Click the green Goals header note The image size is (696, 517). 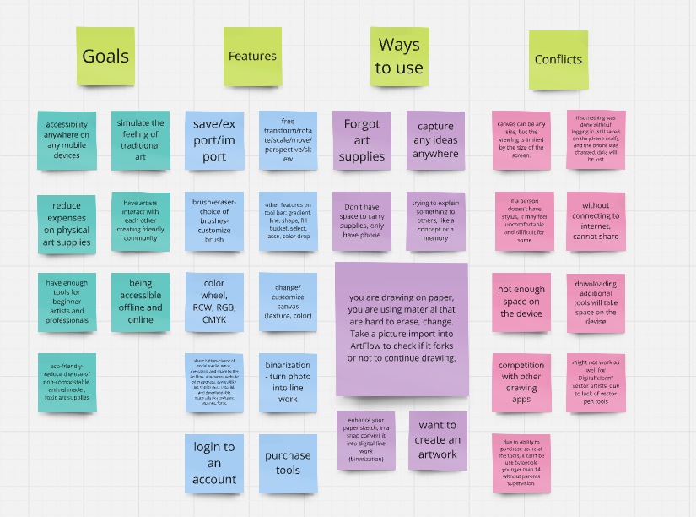tap(105, 57)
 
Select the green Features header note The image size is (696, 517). tap(252, 57)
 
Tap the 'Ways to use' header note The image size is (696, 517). tap(399, 57)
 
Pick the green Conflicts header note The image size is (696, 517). tap(558, 60)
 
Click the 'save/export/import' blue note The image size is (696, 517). tap(214, 140)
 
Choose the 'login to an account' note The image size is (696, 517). tap(214, 463)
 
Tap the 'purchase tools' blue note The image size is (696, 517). tap(288, 463)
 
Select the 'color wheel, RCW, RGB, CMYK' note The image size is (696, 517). tap(214, 302)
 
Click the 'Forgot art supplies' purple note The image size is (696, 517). tap(361, 140)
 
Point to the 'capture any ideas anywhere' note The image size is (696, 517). tap(435, 140)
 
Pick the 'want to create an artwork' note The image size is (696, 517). tap(437, 439)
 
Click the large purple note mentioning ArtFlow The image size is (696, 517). tap(402, 329)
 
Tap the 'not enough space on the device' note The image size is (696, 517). tap(521, 302)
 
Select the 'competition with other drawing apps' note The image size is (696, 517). tap(521, 383)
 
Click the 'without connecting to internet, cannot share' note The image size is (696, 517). tap(595, 221)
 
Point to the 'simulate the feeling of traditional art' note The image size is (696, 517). tap(140, 140)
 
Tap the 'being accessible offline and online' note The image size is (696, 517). tap(140, 302)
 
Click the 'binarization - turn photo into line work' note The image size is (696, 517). tap(288, 383)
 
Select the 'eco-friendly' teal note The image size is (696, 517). tap(67, 383)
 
